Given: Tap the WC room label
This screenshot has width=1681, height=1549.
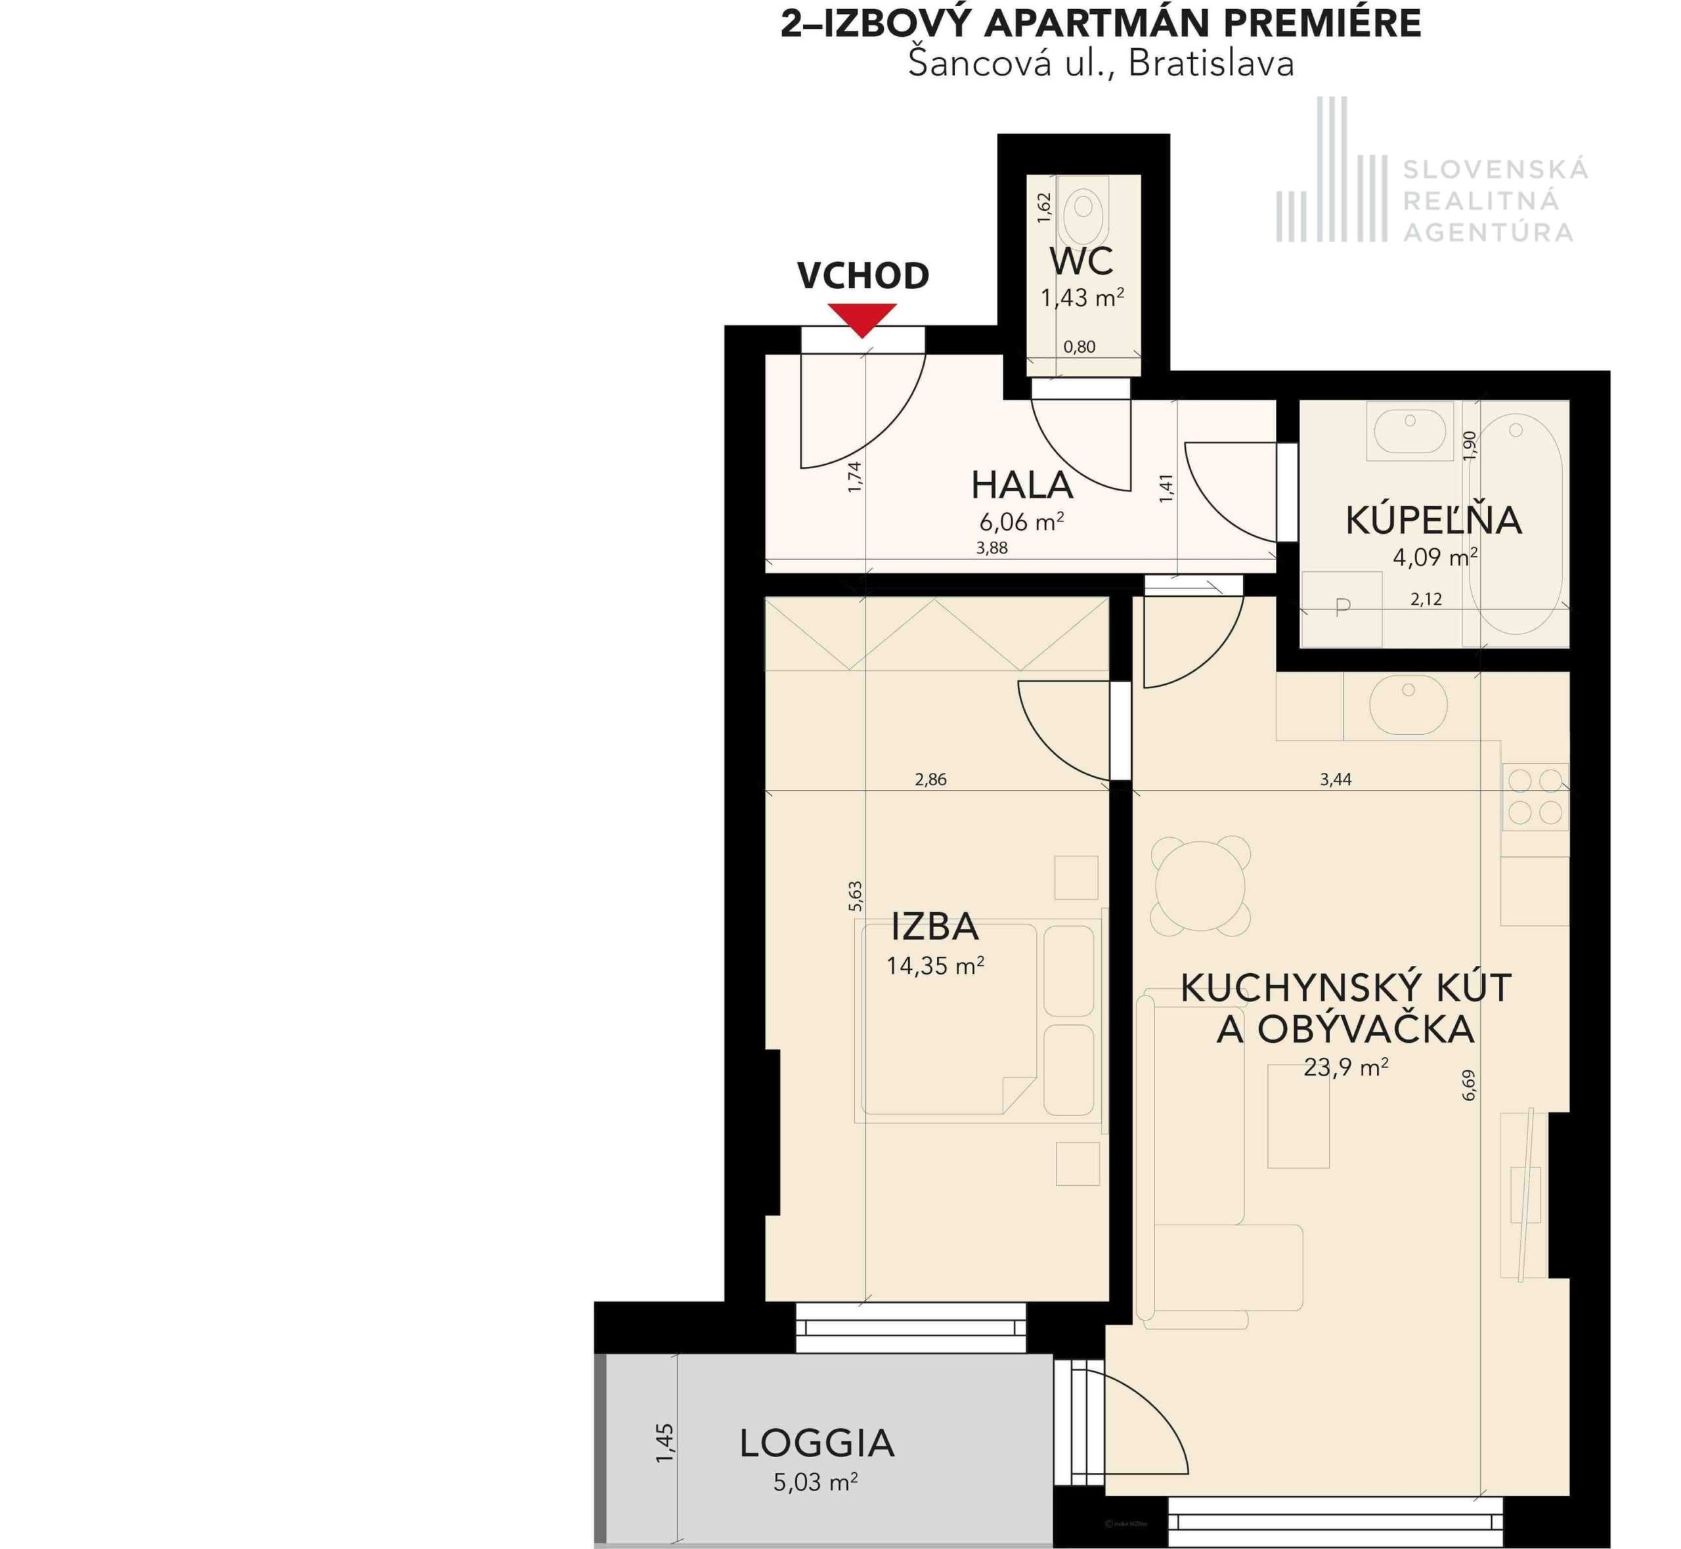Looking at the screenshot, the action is tap(1081, 261).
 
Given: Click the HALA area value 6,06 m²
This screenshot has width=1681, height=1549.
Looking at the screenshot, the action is tap(1022, 521).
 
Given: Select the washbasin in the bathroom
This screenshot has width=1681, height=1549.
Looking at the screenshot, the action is tap(1410, 431).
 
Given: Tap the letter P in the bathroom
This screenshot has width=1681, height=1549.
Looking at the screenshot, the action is tap(1343, 607).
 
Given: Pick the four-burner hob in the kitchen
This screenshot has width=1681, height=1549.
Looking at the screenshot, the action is tap(1535, 796).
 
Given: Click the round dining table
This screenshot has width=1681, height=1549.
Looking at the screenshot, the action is tap(1200, 886).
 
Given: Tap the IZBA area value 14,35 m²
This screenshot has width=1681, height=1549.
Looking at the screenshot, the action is tap(935, 966).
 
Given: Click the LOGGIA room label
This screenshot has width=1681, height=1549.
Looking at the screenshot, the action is tap(816, 1443).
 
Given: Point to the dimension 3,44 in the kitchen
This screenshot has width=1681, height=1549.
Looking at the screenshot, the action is tap(1336, 779).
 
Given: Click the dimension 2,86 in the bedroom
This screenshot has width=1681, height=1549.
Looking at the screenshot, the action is tap(930, 779).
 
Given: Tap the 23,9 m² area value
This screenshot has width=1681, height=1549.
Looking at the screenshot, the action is tap(1346, 1067).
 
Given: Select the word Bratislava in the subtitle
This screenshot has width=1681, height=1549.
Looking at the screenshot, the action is tap(1211, 64).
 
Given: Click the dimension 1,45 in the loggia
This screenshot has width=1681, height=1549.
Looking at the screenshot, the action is tap(665, 1443).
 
